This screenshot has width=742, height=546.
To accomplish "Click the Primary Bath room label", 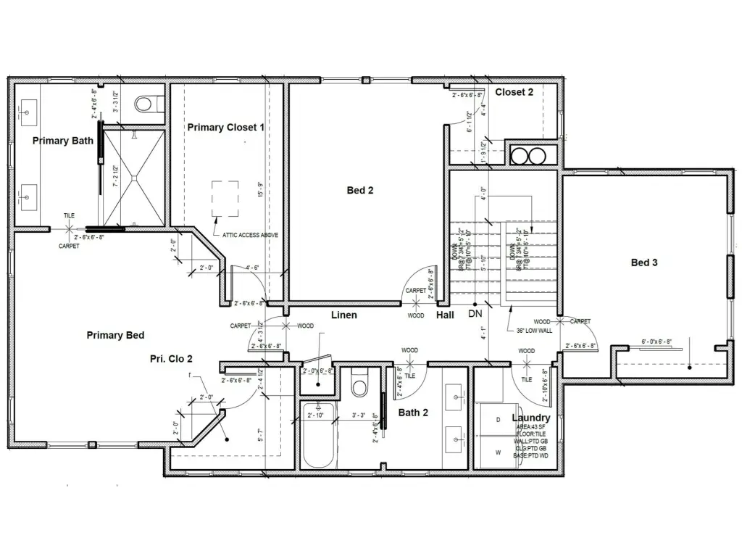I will pos(63,141).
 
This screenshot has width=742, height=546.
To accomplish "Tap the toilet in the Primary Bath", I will pos(148,104).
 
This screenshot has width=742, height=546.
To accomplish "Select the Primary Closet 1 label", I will pos(225,127).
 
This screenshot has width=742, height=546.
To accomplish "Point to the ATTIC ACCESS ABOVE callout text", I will pos(246,235).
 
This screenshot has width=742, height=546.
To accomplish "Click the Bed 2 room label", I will pos(359,191).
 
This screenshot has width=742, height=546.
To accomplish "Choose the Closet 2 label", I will pos(514,92).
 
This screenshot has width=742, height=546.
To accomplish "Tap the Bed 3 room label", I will pos(643,262).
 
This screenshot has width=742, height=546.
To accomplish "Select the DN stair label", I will pos(475,315).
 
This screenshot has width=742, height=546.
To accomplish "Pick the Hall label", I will pos(445,315).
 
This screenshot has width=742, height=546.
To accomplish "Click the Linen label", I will pos(343,315).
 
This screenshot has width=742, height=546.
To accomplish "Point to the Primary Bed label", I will pos(115,335).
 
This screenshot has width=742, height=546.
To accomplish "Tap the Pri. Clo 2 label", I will pos(171,358).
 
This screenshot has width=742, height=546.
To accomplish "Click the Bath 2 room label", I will pos(413,413).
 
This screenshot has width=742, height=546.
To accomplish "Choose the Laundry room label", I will pos(530,418).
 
